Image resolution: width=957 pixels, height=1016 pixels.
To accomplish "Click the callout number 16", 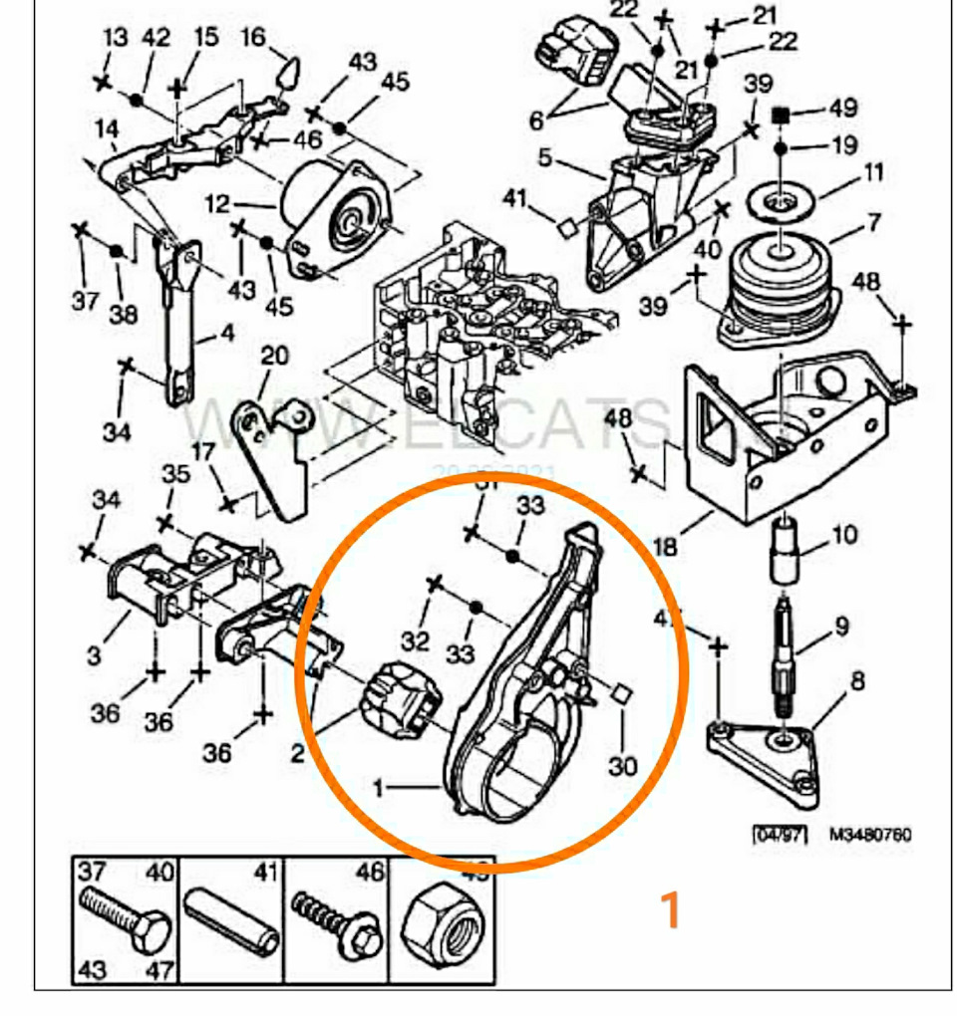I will [254, 38].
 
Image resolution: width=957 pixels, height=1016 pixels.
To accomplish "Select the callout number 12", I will [216, 205].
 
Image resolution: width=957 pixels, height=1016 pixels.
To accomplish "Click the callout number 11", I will [873, 171].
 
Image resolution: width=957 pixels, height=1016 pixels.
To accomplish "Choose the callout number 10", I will [843, 536].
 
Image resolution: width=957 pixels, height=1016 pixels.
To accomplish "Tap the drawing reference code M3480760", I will [869, 835].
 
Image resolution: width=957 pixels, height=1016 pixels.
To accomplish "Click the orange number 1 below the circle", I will [672, 909].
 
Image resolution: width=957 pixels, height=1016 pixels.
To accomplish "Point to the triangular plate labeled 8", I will [768, 757].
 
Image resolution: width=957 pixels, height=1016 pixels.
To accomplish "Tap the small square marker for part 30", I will [619, 694].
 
